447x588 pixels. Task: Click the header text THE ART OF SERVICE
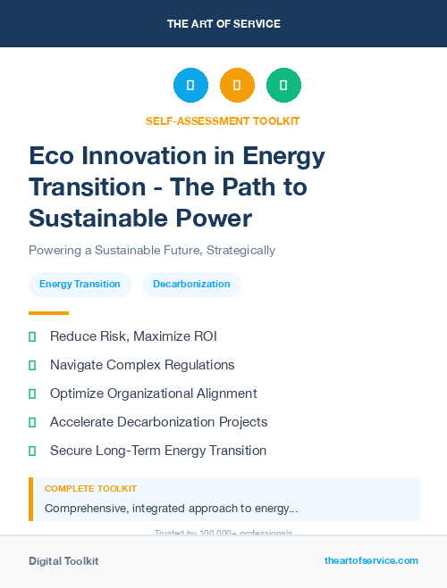click(x=223, y=24)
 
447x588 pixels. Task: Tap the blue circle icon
click(x=190, y=86)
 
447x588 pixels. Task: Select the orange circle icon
click(x=237, y=86)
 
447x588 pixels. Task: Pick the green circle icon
click(x=283, y=86)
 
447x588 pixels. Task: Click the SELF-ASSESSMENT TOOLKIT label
click(x=223, y=120)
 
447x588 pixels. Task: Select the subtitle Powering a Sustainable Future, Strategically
click(x=152, y=251)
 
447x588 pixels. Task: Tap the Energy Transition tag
click(x=80, y=285)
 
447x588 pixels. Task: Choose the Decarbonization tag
click(x=191, y=285)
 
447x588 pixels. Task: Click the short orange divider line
click(x=48, y=313)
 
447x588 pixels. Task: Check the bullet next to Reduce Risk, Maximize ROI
click(x=32, y=337)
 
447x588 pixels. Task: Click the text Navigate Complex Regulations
click(x=142, y=365)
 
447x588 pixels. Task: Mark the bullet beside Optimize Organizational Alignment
click(x=32, y=393)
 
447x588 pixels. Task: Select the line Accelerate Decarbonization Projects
click(x=158, y=422)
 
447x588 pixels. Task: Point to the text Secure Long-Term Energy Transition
click(x=157, y=451)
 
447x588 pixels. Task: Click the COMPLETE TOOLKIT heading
click(x=90, y=489)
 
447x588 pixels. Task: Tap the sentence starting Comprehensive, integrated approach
click(x=171, y=509)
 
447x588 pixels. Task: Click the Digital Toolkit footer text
click(x=63, y=561)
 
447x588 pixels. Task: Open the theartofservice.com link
click(x=371, y=560)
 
